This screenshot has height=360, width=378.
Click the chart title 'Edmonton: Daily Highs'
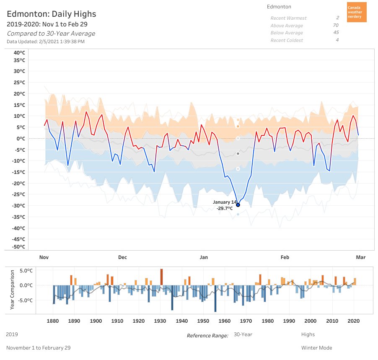52,14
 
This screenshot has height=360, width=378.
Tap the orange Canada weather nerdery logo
357,12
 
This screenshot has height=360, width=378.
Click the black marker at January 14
238,205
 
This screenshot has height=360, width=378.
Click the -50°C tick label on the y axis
18,247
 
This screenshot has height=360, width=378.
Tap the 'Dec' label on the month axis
122,257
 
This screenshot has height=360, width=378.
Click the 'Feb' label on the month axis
285,257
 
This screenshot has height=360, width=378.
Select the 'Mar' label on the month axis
360,257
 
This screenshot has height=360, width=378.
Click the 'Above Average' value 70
336,26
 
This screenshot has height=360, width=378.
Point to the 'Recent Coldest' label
287,40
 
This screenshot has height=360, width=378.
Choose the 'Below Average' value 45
336,33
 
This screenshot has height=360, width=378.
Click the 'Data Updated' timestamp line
46,41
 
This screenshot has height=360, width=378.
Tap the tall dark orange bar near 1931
161,277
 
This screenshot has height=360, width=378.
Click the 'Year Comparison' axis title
12,290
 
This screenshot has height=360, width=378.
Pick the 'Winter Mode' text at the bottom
316,348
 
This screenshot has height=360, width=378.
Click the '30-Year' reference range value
243,334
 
